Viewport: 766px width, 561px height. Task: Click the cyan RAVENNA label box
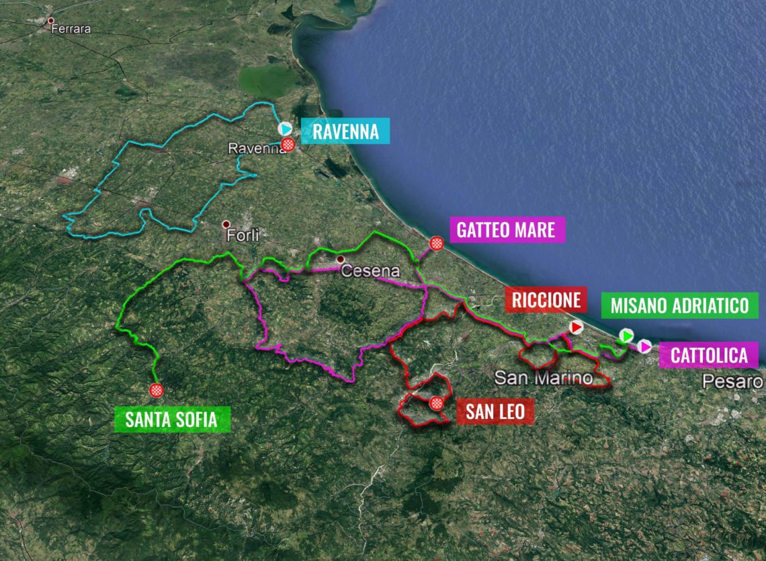[x=345, y=131]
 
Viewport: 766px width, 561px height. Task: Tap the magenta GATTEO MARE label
[x=506, y=230]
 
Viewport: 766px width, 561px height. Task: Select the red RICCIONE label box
[x=546, y=301]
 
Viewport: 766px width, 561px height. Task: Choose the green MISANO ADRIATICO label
[x=679, y=306]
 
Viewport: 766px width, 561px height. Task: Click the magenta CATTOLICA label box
[x=709, y=355]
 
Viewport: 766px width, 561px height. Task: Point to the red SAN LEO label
[x=495, y=410]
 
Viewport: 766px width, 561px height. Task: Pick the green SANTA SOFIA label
[x=171, y=420]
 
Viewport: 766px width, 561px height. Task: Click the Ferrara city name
[x=74, y=30]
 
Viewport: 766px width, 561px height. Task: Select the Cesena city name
[x=370, y=271]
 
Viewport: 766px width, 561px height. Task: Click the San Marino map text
[x=544, y=377]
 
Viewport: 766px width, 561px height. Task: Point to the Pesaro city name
[x=733, y=382]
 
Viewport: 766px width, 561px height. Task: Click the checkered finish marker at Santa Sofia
[x=157, y=390]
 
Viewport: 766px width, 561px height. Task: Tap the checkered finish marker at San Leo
[x=437, y=404]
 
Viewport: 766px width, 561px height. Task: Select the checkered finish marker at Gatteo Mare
[x=437, y=244]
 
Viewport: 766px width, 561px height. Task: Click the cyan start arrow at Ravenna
[x=285, y=128]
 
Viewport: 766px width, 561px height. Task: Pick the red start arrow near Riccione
[x=576, y=327]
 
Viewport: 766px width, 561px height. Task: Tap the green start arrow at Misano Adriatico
[x=626, y=335]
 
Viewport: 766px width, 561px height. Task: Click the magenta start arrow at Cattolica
[x=645, y=346]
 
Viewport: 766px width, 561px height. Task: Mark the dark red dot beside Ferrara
[x=50, y=21]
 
